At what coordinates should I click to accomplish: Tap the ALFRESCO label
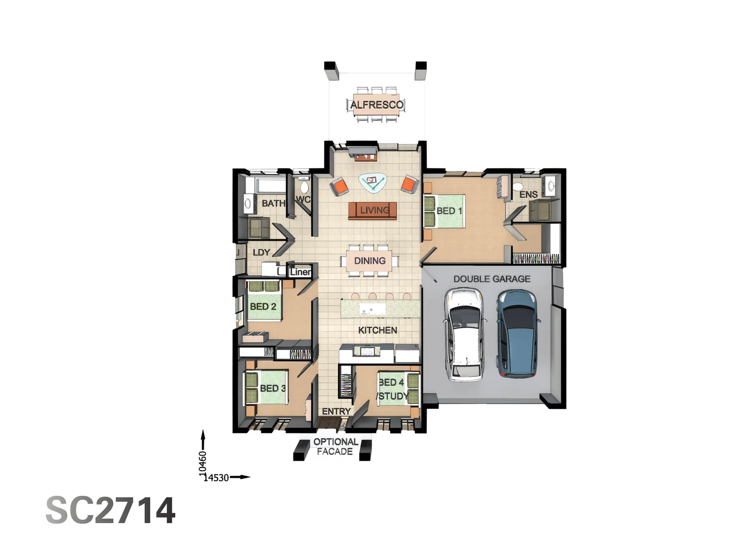coord(377,105)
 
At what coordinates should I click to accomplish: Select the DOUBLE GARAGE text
coord(491,279)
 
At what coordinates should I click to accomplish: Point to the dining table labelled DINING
coord(369,261)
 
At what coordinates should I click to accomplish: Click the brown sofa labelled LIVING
coord(373,211)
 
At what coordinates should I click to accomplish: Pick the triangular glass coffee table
coord(372,182)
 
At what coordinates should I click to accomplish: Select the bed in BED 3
coord(266,387)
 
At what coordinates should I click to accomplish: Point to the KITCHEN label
coord(377,331)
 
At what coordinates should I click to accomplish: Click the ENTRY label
coord(336,411)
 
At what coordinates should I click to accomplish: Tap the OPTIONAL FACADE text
coord(336,446)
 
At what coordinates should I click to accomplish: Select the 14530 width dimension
coord(216,478)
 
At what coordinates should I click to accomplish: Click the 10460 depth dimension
coord(203,463)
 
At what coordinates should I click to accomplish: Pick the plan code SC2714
coord(111,511)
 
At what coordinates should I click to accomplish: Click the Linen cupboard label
coord(301,272)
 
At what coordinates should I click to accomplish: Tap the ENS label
coord(528,195)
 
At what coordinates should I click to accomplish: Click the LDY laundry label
coord(261,252)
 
